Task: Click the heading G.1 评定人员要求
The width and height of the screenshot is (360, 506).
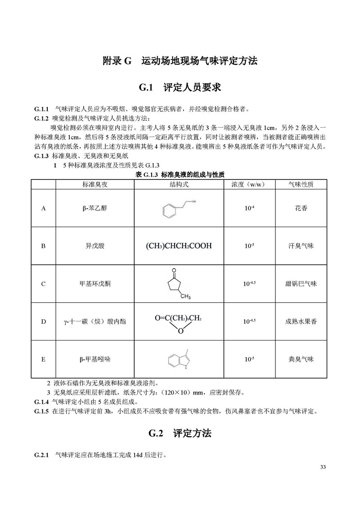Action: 180,87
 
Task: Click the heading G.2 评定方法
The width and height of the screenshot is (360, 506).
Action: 180,434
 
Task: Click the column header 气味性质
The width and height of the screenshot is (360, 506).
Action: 301,185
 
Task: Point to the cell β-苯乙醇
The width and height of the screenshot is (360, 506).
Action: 95,209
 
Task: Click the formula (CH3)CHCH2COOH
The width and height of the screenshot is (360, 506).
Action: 179,246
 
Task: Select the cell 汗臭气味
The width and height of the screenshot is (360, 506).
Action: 301,246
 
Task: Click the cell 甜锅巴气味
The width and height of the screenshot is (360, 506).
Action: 301,284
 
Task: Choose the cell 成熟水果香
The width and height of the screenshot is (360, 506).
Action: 301,322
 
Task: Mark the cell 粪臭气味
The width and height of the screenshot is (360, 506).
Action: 301,359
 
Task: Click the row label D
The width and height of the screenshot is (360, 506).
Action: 44,322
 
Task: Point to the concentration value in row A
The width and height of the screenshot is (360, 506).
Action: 249,209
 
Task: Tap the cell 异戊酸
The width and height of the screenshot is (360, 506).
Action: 95,246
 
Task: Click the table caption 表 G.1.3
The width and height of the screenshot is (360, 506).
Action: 180,175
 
